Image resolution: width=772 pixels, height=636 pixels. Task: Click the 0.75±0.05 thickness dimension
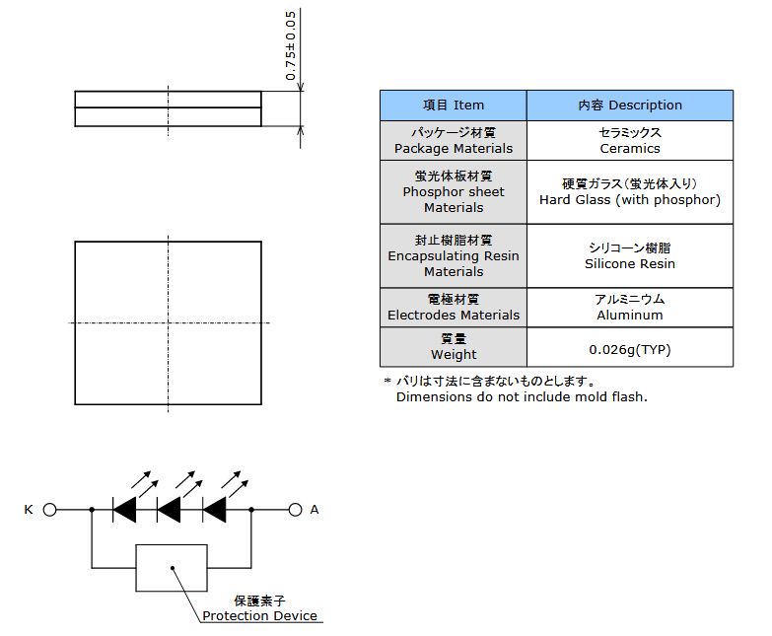tap(291, 45)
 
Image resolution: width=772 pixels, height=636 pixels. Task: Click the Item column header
tap(454, 106)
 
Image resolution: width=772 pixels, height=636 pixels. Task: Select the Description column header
tap(630, 106)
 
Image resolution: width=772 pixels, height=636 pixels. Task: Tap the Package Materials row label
tap(454, 141)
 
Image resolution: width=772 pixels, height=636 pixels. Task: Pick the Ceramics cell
tap(630, 141)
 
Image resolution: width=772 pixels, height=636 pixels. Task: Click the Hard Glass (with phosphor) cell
tap(630, 192)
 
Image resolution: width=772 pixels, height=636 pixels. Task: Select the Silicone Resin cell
tap(630, 256)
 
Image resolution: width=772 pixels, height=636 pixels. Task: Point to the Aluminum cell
tap(630, 308)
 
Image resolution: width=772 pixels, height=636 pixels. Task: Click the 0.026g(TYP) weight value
tap(630, 349)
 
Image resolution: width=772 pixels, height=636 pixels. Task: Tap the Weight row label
tap(454, 347)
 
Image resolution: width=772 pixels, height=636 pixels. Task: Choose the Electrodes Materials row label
tap(454, 308)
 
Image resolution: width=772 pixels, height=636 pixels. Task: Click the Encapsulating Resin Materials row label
tap(454, 256)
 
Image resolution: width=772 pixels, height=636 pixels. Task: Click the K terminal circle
tap(49, 510)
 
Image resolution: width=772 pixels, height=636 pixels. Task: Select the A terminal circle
tap(295, 510)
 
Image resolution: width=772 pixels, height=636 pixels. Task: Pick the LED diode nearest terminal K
tap(124, 510)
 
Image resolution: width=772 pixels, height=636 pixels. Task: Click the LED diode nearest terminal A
tap(215, 510)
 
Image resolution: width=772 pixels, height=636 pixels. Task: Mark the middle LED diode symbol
tap(169, 510)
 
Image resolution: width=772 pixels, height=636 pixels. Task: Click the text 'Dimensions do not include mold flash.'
tap(522, 397)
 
